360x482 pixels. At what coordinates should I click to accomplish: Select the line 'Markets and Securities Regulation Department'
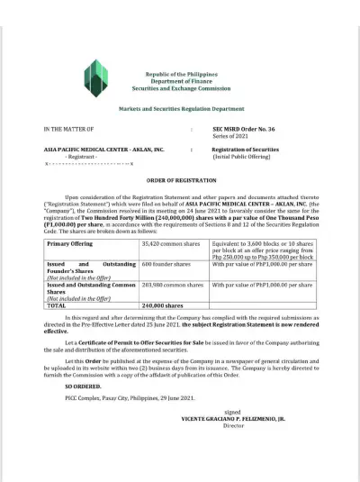tap(179, 107)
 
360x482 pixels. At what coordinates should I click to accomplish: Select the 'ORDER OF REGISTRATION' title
tap(179, 181)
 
